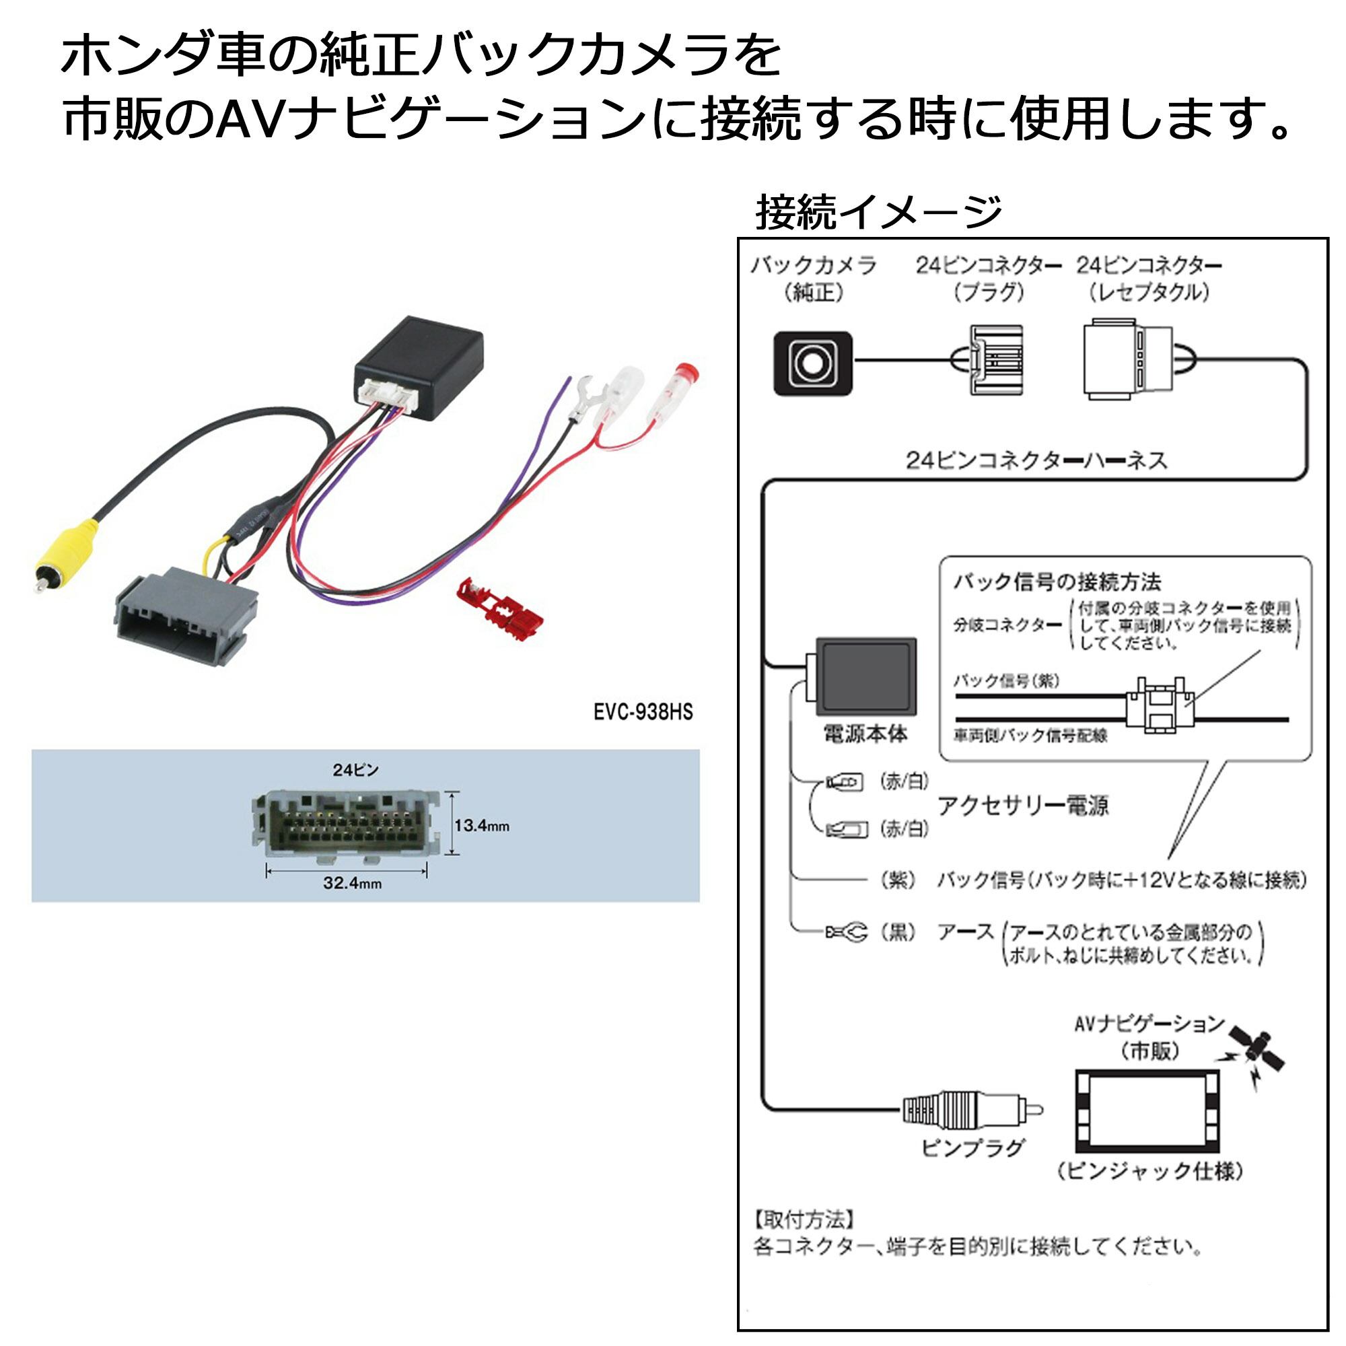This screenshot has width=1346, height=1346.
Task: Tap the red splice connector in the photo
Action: pos(499,608)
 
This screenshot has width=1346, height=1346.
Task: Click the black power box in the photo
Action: pos(419,365)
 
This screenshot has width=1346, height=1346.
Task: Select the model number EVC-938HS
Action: pos(642,712)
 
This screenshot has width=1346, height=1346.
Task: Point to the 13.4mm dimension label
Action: pos(481,826)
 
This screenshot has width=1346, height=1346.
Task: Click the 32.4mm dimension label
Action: pos(352,884)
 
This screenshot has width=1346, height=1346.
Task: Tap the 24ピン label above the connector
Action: pos(355,770)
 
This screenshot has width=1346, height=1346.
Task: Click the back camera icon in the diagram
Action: pos(812,363)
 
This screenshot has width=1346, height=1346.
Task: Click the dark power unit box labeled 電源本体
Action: pos(865,676)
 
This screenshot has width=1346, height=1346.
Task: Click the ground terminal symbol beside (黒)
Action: pos(847,932)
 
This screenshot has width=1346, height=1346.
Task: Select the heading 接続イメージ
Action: pos(878,212)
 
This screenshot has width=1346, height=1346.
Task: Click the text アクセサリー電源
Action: pos(1023,806)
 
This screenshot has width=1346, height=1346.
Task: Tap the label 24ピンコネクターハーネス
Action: pos(1036,460)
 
